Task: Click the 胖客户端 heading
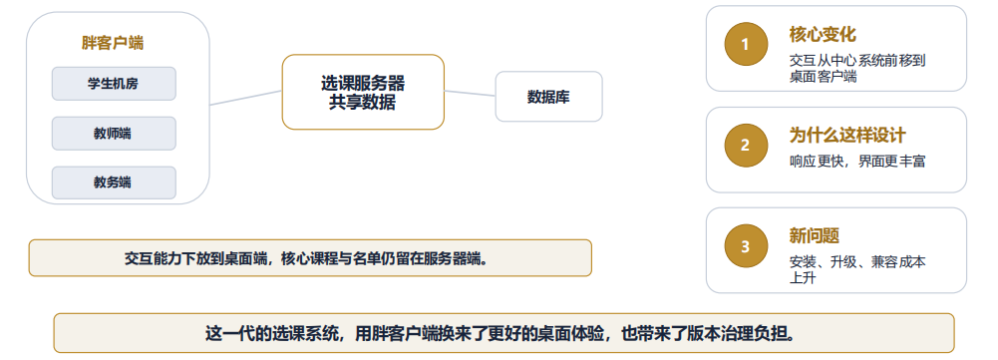click(113, 43)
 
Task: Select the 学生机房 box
click(114, 84)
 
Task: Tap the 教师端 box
click(114, 134)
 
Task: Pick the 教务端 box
click(114, 182)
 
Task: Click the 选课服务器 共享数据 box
click(363, 92)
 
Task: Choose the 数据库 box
click(548, 96)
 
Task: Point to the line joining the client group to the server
click(245, 98)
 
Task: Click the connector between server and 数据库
click(470, 94)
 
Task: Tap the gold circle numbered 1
click(746, 44)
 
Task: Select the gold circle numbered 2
click(746, 146)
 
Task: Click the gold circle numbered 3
click(746, 246)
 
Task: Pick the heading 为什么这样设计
click(847, 136)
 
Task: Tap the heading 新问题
click(815, 236)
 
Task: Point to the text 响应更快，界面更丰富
click(857, 162)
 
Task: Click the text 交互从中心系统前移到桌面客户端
click(857, 69)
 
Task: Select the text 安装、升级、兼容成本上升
click(857, 270)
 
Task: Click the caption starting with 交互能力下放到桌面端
click(310, 258)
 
